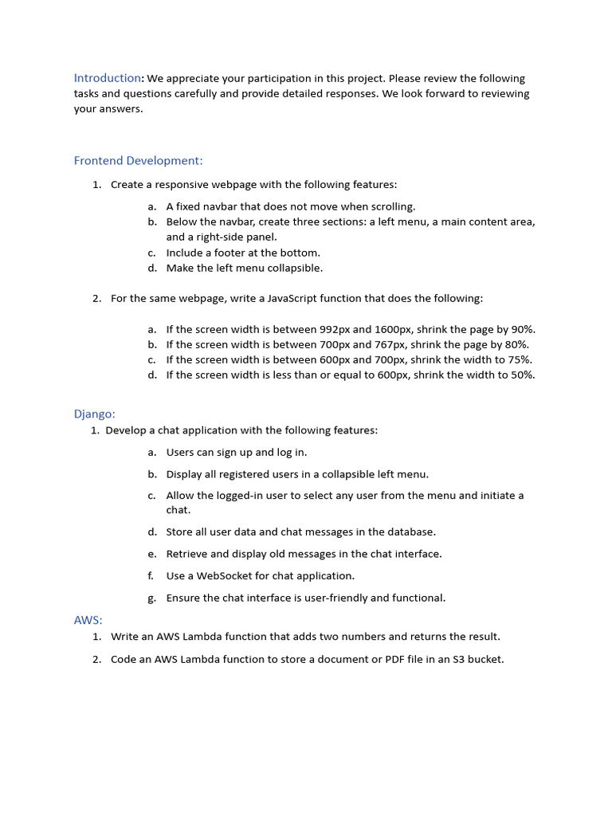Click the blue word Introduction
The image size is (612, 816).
click(108, 78)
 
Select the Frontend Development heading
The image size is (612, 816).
click(139, 160)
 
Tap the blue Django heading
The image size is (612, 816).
click(95, 414)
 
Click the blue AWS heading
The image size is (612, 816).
click(88, 620)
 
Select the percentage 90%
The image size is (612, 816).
click(522, 329)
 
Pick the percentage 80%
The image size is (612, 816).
click(516, 344)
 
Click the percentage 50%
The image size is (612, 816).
click(522, 375)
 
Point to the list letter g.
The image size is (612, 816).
click(151, 598)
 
